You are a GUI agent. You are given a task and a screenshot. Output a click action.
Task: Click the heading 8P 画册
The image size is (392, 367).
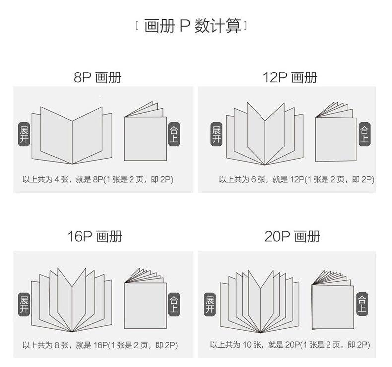click(x=97, y=77)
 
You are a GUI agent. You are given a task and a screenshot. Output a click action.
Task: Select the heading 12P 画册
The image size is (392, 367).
click(x=290, y=77)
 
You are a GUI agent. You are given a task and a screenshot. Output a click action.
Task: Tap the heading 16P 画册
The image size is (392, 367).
click(x=94, y=236)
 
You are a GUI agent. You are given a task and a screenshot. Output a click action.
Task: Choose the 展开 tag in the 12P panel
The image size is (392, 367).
click(x=216, y=135)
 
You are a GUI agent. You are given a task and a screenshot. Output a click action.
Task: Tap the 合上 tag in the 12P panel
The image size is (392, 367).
click(x=364, y=135)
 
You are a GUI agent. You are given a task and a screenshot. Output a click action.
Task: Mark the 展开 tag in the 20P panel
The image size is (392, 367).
click(x=210, y=304)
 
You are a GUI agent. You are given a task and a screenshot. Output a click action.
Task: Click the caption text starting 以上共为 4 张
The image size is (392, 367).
click(x=98, y=179)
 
